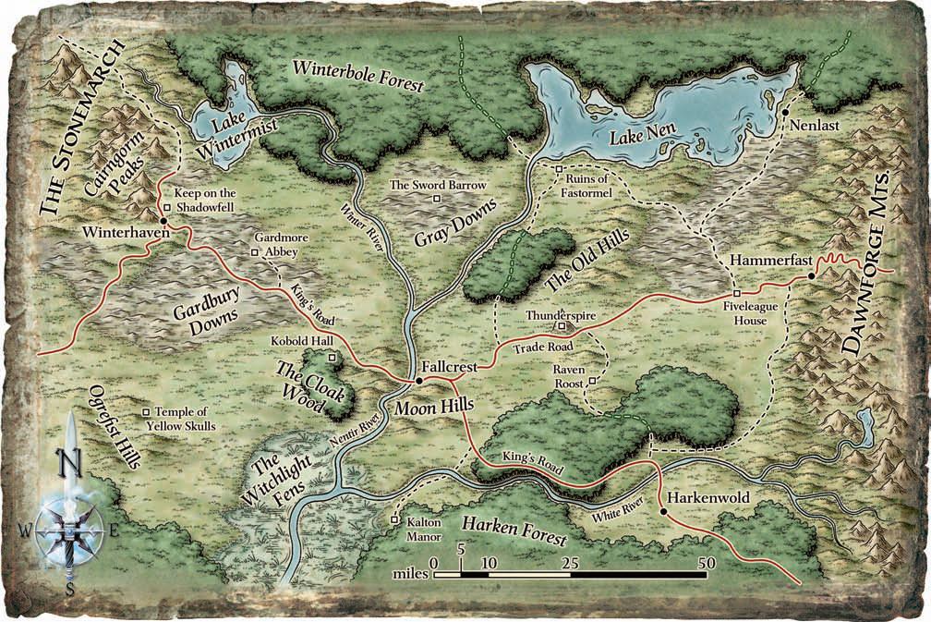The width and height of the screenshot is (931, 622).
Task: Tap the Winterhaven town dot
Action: click(163, 222)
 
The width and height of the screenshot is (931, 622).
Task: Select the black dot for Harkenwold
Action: click(663, 510)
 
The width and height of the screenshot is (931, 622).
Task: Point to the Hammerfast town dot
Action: click(811, 275)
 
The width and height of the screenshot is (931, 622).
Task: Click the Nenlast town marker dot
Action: click(784, 113)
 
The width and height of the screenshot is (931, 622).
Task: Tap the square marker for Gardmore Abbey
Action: click(256, 250)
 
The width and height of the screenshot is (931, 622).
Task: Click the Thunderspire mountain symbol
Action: click(560, 326)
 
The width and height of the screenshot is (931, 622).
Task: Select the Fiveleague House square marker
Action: click(725, 294)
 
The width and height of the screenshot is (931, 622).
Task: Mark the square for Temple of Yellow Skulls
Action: click(145, 412)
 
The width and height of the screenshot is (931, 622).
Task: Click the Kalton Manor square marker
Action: click(393, 518)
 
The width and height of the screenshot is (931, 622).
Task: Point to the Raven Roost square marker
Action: click(592, 381)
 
